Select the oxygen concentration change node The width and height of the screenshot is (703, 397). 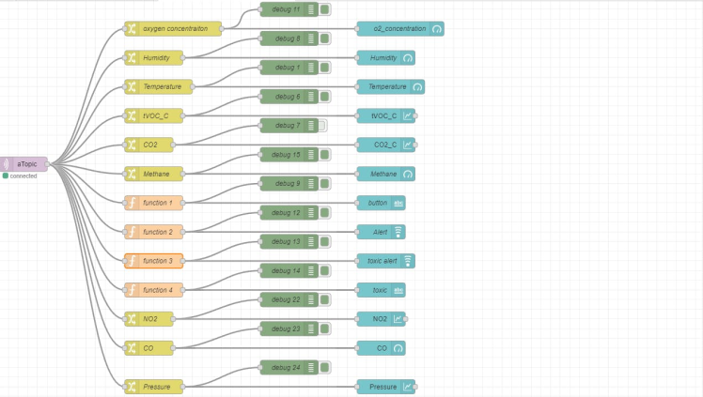click(174, 28)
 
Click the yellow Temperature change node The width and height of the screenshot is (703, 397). click(160, 86)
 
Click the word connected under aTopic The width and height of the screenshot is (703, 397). click(23, 176)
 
